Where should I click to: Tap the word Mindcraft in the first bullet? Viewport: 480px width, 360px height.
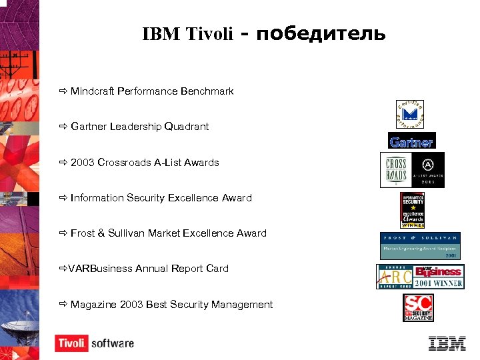pyautogui.click(x=93, y=91)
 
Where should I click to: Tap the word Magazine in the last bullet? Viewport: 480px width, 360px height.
pyautogui.click(x=94, y=304)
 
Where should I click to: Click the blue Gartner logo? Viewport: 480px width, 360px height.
pyautogui.click(x=411, y=141)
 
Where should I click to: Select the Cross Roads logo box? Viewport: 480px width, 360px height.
pyautogui.click(x=394, y=171)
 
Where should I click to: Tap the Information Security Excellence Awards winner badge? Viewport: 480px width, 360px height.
pyautogui.click(x=412, y=211)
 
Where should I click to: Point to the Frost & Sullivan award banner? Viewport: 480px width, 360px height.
pyautogui.click(x=420, y=245)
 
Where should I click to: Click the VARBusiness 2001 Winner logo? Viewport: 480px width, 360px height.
pyautogui.click(x=420, y=276)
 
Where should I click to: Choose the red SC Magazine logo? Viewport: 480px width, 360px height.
pyautogui.click(x=418, y=308)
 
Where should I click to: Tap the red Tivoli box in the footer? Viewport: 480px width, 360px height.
pyautogui.click(x=71, y=343)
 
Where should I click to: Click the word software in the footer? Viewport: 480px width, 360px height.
pyautogui.click(x=112, y=343)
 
